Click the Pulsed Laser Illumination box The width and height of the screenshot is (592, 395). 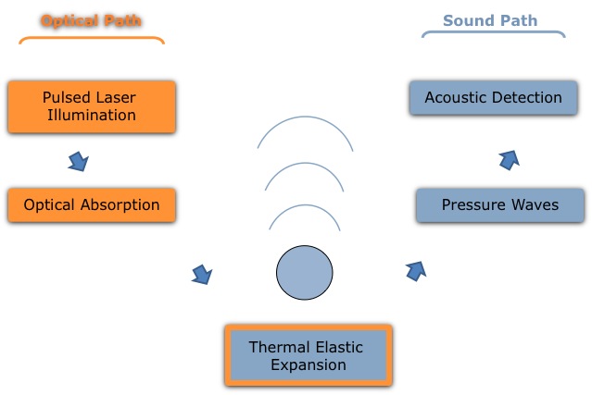[90, 106]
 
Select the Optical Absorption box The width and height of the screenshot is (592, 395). [90, 204]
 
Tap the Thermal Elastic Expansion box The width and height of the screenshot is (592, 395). [308, 356]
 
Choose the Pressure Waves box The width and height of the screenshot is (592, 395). [499, 204]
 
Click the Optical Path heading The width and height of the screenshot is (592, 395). [90, 19]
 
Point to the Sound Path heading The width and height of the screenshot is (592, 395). [490, 19]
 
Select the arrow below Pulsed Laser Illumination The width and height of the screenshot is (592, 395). [80, 162]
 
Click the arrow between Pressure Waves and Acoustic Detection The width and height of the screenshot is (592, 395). [509, 160]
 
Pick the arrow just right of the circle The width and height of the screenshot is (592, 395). [416, 270]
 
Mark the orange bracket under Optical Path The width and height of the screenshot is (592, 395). [90, 39]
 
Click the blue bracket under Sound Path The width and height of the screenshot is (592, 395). [492, 33]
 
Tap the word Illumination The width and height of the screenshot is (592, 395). [90, 116]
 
